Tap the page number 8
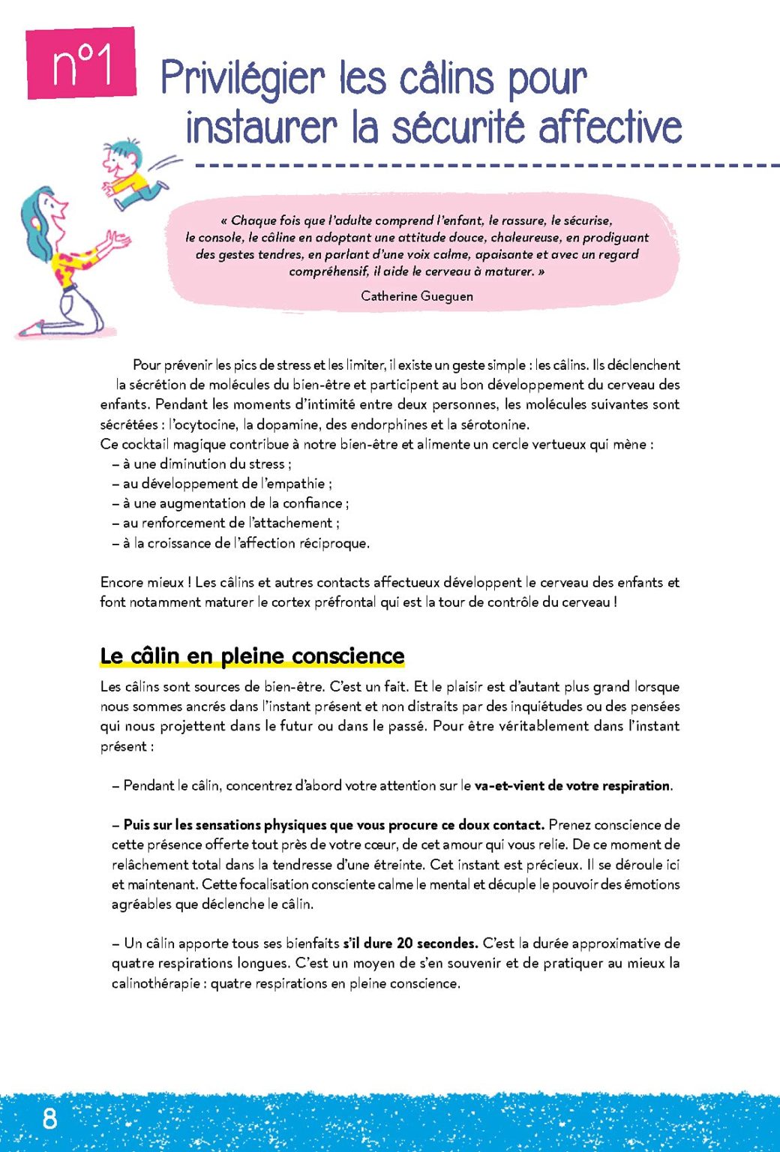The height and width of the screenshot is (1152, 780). (49, 1118)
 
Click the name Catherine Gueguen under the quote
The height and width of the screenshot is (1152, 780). (416, 296)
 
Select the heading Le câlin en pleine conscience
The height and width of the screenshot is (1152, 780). (252, 656)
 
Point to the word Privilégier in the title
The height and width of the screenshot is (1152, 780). (243, 79)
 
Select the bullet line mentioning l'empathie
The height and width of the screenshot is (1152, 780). (223, 484)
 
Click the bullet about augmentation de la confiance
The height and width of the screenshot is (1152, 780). (231, 503)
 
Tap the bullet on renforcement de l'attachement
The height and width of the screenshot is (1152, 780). (226, 523)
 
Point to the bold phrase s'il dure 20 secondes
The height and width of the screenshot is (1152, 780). (410, 943)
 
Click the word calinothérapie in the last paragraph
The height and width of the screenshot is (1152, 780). (155, 983)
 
